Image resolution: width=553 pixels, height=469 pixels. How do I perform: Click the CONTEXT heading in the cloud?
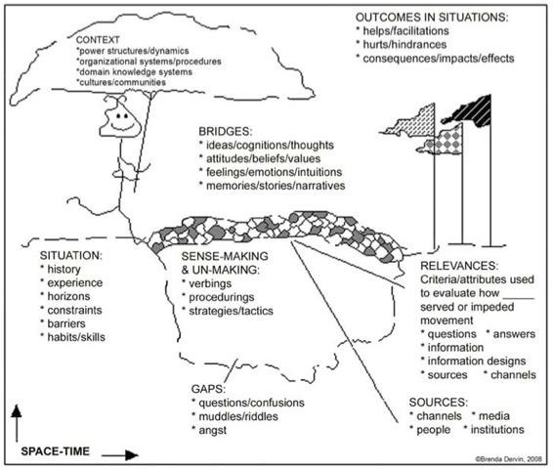pyautogui.click(x=98, y=40)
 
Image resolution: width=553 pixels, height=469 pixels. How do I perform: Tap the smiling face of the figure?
pyautogui.click(x=120, y=119)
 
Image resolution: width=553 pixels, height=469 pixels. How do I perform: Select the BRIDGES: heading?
pyautogui.click(x=226, y=132)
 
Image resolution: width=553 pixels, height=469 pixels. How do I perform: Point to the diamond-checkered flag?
pyautogui.click(x=444, y=141)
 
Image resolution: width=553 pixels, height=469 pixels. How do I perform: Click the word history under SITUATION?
pyautogui.click(x=64, y=270)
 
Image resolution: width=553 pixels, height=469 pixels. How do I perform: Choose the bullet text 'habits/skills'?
pyautogui.click(x=76, y=337)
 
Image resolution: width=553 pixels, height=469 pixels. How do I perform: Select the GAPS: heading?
pyautogui.click(x=208, y=389)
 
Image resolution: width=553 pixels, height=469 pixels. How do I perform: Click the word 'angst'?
pyautogui.click(x=213, y=431)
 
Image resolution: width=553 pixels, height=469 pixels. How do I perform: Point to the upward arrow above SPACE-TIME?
pyautogui.click(x=17, y=423)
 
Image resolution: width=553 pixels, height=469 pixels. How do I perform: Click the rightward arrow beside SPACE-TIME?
pyautogui.click(x=120, y=455)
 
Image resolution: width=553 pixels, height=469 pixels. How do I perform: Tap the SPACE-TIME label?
pyautogui.click(x=56, y=451)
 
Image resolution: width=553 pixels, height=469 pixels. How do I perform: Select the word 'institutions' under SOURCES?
pyautogui.click(x=497, y=430)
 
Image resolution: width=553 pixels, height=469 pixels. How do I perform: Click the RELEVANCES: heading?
pyautogui.click(x=459, y=266)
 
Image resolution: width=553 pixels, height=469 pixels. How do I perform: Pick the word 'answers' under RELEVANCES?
pyautogui.click(x=514, y=334)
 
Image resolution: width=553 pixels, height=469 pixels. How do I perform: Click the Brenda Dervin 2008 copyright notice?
pyautogui.click(x=508, y=459)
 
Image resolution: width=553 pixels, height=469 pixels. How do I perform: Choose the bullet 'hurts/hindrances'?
pyautogui.click(x=404, y=45)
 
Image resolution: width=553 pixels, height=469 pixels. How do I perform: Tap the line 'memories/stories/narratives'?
pyautogui.click(x=276, y=186)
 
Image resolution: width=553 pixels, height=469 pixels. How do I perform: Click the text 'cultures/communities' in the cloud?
pyautogui.click(x=122, y=82)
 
